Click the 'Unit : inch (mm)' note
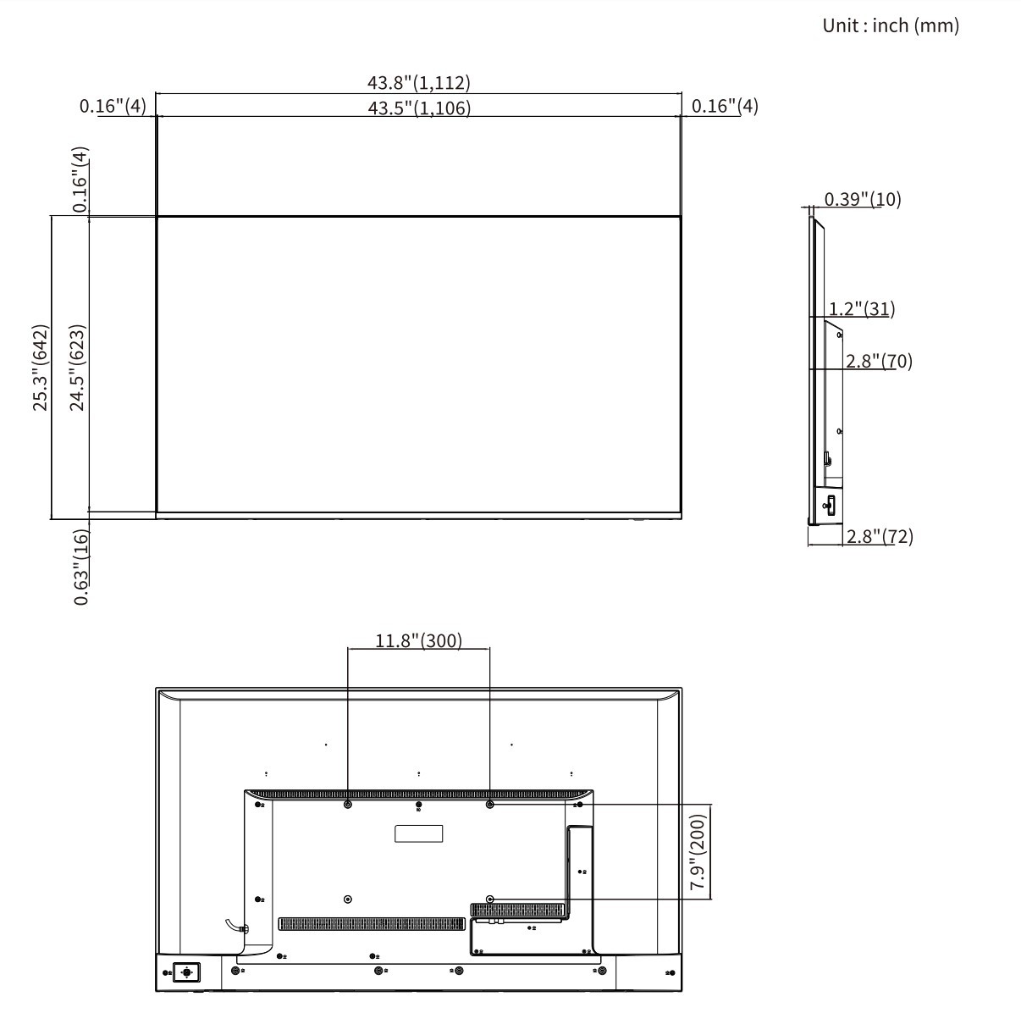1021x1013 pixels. (x=890, y=25)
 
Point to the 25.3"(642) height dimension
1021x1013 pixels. (x=41, y=368)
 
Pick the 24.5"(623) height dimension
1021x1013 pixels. (x=77, y=368)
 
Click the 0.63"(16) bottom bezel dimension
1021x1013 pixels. (x=80, y=567)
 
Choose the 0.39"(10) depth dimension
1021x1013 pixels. (x=862, y=199)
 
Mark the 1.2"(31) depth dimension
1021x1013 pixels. (x=862, y=308)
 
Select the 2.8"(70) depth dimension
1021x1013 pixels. (x=879, y=361)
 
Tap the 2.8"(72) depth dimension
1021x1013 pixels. (x=880, y=536)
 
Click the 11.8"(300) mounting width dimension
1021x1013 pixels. (x=418, y=640)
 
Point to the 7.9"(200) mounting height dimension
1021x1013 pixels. (x=698, y=851)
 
